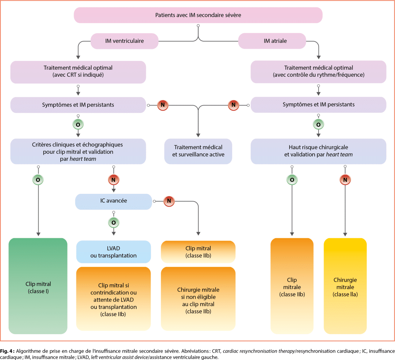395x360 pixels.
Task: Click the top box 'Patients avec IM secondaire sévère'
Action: [x=198, y=16]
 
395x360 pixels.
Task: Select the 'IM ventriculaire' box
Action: [x=125, y=41]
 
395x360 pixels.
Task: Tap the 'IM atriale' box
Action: [x=272, y=41]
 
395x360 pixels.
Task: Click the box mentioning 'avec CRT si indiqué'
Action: [x=78, y=72]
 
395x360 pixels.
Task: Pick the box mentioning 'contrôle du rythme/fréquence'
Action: [x=318, y=72]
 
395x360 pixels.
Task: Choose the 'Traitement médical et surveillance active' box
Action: [x=198, y=151]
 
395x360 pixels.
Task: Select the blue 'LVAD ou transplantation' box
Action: [x=113, y=252]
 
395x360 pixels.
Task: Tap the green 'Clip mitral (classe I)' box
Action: [x=38, y=286]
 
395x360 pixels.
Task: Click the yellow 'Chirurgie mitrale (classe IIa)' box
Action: [x=345, y=286]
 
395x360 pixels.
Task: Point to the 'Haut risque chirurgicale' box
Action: [x=318, y=151]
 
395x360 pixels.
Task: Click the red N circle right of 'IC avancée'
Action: [x=169, y=201]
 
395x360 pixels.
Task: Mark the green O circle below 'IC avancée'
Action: [x=113, y=222]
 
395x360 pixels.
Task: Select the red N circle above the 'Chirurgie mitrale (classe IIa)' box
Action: [x=345, y=179]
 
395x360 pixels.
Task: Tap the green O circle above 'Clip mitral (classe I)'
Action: [x=38, y=179]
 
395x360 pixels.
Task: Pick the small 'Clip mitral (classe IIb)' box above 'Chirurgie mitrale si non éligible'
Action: [x=198, y=252]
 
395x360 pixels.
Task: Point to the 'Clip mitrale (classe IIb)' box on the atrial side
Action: [x=292, y=286]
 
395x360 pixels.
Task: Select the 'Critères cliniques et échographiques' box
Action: [x=78, y=151]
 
